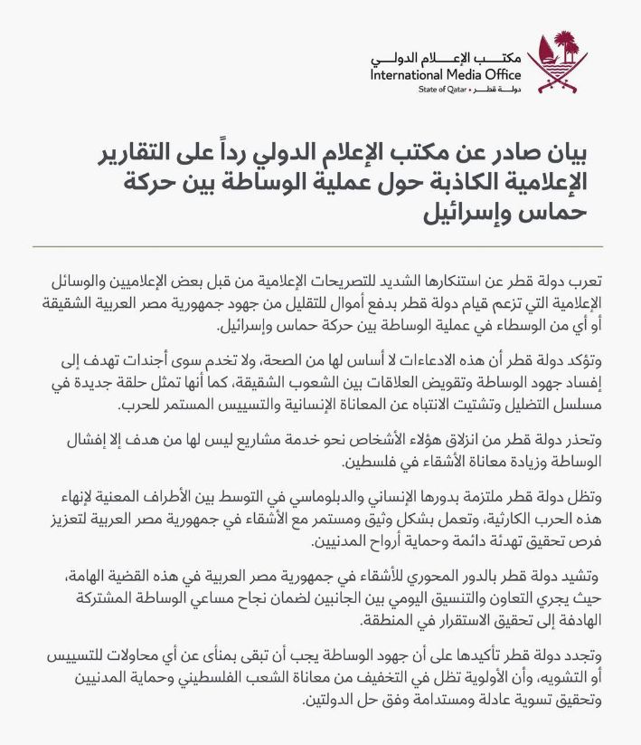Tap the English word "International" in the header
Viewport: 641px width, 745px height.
coord(411,75)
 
